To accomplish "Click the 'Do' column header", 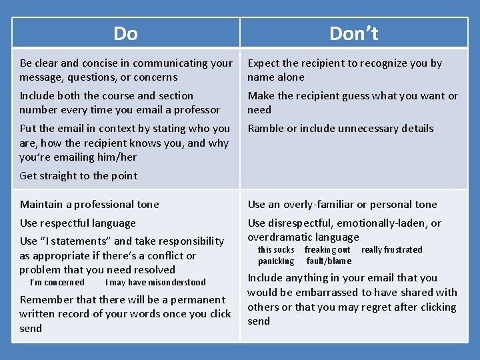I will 125,33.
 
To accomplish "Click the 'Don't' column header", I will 353,33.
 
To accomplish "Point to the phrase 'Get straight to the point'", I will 79,176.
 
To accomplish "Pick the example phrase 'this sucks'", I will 276,250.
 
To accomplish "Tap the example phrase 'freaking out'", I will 327,250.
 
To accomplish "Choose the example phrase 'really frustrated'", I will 392,250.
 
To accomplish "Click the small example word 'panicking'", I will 276,261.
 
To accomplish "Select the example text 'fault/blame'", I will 329,261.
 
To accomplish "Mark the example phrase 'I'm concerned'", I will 57,283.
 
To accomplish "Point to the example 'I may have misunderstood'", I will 155,283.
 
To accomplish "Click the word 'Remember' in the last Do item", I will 45,300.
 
